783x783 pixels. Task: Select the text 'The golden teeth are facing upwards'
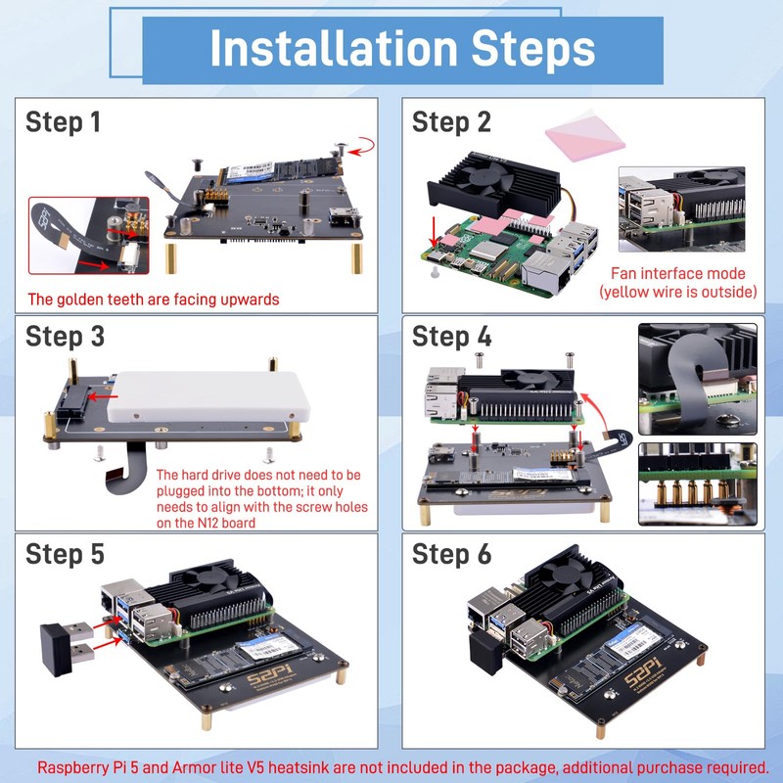(153, 299)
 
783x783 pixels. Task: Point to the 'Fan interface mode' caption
(677, 274)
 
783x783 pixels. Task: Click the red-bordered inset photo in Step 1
(88, 235)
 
